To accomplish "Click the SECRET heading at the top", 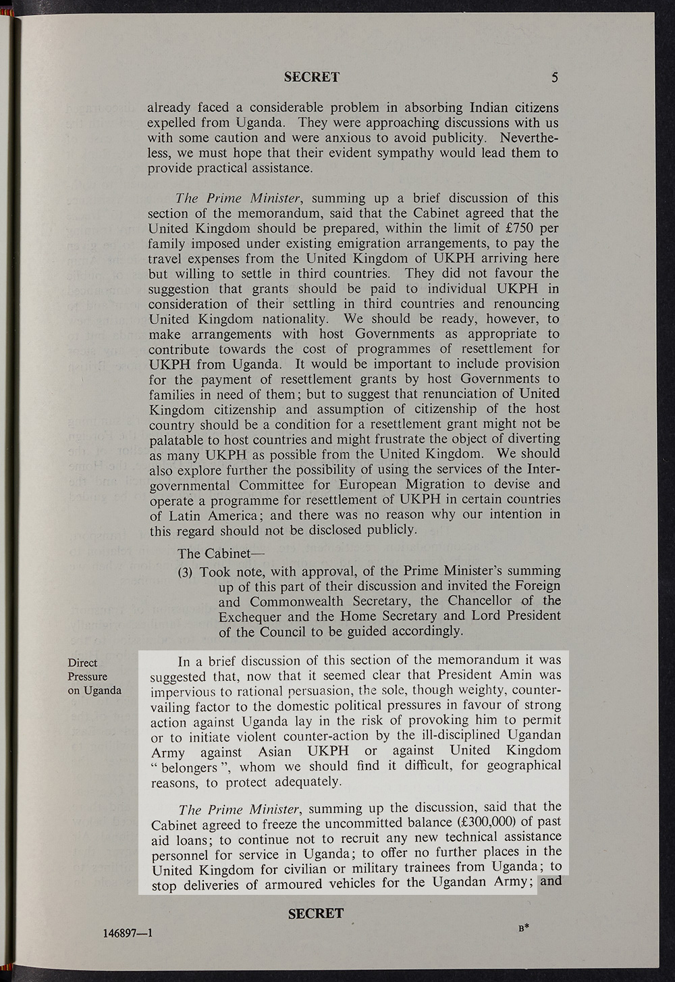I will pyautogui.click(x=311, y=77).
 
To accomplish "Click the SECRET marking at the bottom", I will pyautogui.click(x=315, y=914).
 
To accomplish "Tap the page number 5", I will pyautogui.click(x=554, y=77).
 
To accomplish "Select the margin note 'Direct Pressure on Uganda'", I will pyautogui.click(x=94, y=676).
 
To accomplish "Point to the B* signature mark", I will pyautogui.click(x=522, y=928).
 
